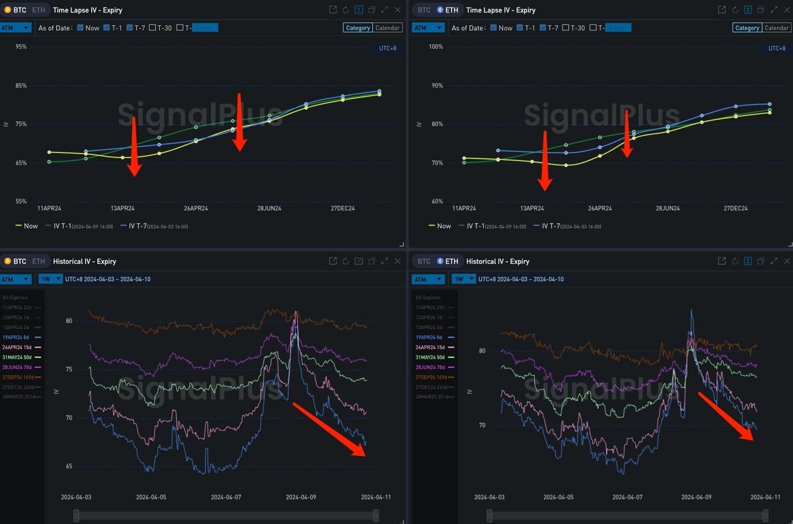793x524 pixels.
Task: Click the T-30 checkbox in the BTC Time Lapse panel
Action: pyautogui.click(x=152, y=28)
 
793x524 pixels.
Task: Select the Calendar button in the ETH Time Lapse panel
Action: pyautogui.click(x=776, y=28)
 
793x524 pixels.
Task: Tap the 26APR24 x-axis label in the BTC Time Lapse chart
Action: pyautogui.click(x=196, y=208)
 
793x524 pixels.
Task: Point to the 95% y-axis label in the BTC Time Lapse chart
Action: pyautogui.click(x=21, y=47)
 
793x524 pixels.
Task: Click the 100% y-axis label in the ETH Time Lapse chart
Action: pyautogui.click(x=436, y=47)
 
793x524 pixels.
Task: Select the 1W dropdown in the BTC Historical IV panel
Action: pyautogui.click(x=50, y=279)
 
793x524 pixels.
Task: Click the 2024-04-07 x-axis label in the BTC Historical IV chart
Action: pyautogui.click(x=226, y=497)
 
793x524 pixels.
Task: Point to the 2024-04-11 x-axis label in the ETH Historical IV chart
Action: pyautogui.click(x=765, y=497)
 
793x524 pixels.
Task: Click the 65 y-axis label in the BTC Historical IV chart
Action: pyautogui.click(x=69, y=466)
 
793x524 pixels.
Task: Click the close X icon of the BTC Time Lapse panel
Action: pyautogui.click(x=398, y=10)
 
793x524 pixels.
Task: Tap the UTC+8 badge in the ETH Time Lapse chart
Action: pyautogui.click(x=777, y=48)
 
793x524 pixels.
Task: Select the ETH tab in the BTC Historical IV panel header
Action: pyautogui.click(x=38, y=261)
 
